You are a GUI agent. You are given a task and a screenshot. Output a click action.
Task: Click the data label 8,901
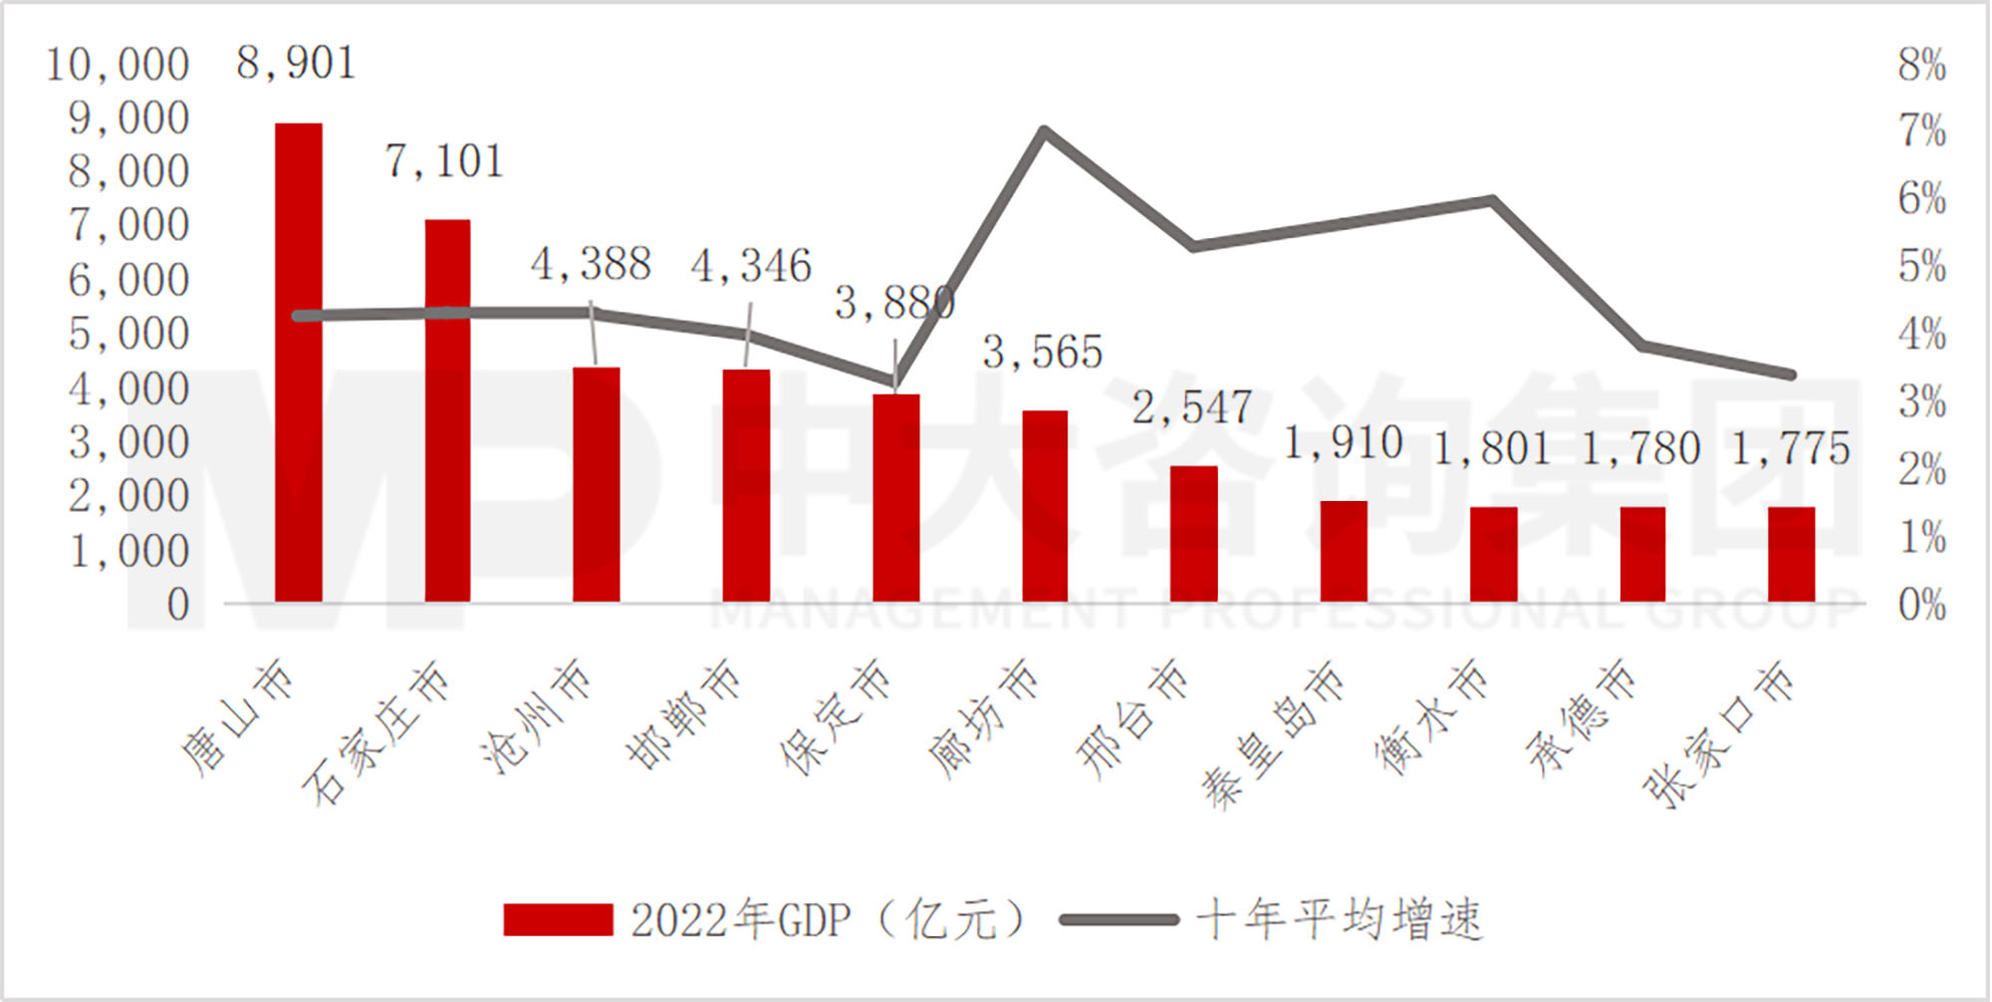(296, 65)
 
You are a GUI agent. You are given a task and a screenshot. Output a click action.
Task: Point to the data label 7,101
(444, 162)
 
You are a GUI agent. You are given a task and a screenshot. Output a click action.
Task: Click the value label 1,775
(1790, 449)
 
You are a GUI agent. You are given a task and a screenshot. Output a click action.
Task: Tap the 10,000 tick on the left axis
(118, 66)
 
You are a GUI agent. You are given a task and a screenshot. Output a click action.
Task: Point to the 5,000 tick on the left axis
(128, 335)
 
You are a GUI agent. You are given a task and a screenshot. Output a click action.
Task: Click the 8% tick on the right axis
(1921, 66)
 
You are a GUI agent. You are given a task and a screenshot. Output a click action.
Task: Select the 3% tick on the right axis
(1921, 403)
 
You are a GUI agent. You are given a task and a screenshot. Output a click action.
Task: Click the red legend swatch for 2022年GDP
(558, 919)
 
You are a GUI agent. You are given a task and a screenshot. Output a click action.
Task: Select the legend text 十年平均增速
(1339, 919)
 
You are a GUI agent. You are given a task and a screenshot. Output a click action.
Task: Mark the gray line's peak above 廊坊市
(1043, 130)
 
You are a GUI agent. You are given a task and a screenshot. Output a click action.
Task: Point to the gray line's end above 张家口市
(1790, 375)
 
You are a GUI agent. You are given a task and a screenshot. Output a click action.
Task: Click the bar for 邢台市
(1193, 534)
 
